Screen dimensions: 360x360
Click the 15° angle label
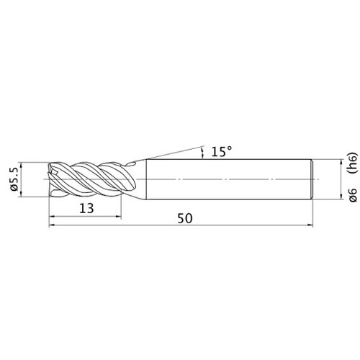point(222,152)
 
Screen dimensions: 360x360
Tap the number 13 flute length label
point(86,208)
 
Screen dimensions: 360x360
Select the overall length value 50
point(185,218)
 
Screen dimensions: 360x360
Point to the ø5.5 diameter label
point(14,179)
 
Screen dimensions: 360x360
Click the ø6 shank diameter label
point(352,195)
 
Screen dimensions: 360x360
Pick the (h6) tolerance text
point(352,163)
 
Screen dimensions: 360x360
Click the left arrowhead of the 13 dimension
point(52,217)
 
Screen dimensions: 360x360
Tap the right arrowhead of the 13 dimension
point(118,217)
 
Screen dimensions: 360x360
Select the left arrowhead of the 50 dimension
point(52,225)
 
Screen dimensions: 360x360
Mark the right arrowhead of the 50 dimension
point(310,225)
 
